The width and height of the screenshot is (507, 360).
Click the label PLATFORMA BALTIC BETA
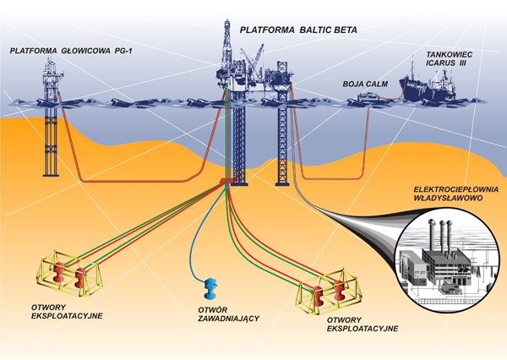298,30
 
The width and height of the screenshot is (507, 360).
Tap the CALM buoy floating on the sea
368,99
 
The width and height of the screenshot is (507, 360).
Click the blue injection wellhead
210,285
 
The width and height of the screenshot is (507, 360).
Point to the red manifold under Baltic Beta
227,183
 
